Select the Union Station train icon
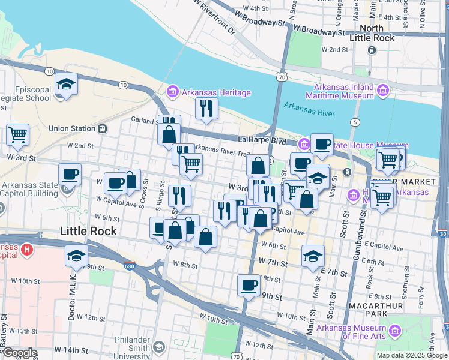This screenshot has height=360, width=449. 103,128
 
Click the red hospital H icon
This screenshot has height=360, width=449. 26,249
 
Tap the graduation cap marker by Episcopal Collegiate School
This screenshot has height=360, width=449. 66,85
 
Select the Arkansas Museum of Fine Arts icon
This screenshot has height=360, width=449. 395,331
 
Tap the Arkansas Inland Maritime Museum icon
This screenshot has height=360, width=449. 383,91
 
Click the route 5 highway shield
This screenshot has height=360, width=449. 356,122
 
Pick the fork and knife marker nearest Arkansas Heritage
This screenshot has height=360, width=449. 206,109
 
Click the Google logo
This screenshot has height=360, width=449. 20,353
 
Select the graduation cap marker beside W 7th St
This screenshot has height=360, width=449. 313,256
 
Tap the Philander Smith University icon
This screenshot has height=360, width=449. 158,346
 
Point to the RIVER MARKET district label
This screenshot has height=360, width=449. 403,181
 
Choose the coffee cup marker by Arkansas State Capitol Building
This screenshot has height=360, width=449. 70,175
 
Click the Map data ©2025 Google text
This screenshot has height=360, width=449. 411,355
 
